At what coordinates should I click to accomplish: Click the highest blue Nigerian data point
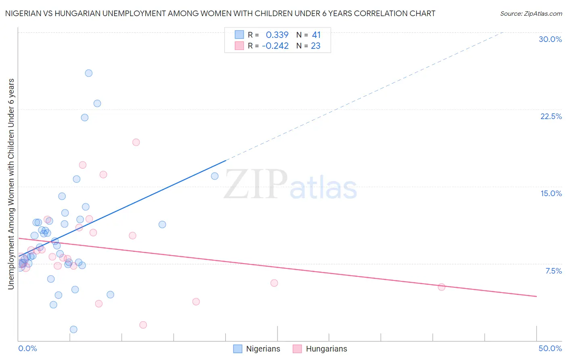[x=89, y=73]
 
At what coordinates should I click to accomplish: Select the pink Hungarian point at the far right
[x=442, y=287]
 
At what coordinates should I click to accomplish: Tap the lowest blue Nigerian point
[x=73, y=329]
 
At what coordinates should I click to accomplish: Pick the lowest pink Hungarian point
[x=143, y=325]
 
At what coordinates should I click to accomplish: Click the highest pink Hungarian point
[x=136, y=142]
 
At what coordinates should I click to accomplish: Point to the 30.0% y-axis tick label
[x=550, y=39]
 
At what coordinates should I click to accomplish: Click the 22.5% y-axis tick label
[x=551, y=116]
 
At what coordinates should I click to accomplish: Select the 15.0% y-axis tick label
[x=551, y=193]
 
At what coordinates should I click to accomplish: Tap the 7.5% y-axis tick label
[x=553, y=271]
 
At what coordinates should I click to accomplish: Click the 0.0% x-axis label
[x=27, y=348]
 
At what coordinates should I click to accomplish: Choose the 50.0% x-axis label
[x=550, y=348]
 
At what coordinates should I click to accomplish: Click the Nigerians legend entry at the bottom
[x=263, y=349]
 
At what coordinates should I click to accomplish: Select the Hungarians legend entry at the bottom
[x=326, y=349]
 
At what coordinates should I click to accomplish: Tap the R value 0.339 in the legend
[x=277, y=35]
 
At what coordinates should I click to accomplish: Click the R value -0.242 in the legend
[x=275, y=46]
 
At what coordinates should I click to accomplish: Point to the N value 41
[x=316, y=35]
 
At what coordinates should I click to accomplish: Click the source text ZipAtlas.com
[x=531, y=13]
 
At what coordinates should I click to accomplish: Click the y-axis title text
[x=11, y=184]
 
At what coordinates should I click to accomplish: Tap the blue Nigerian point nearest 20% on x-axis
[x=215, y=176]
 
